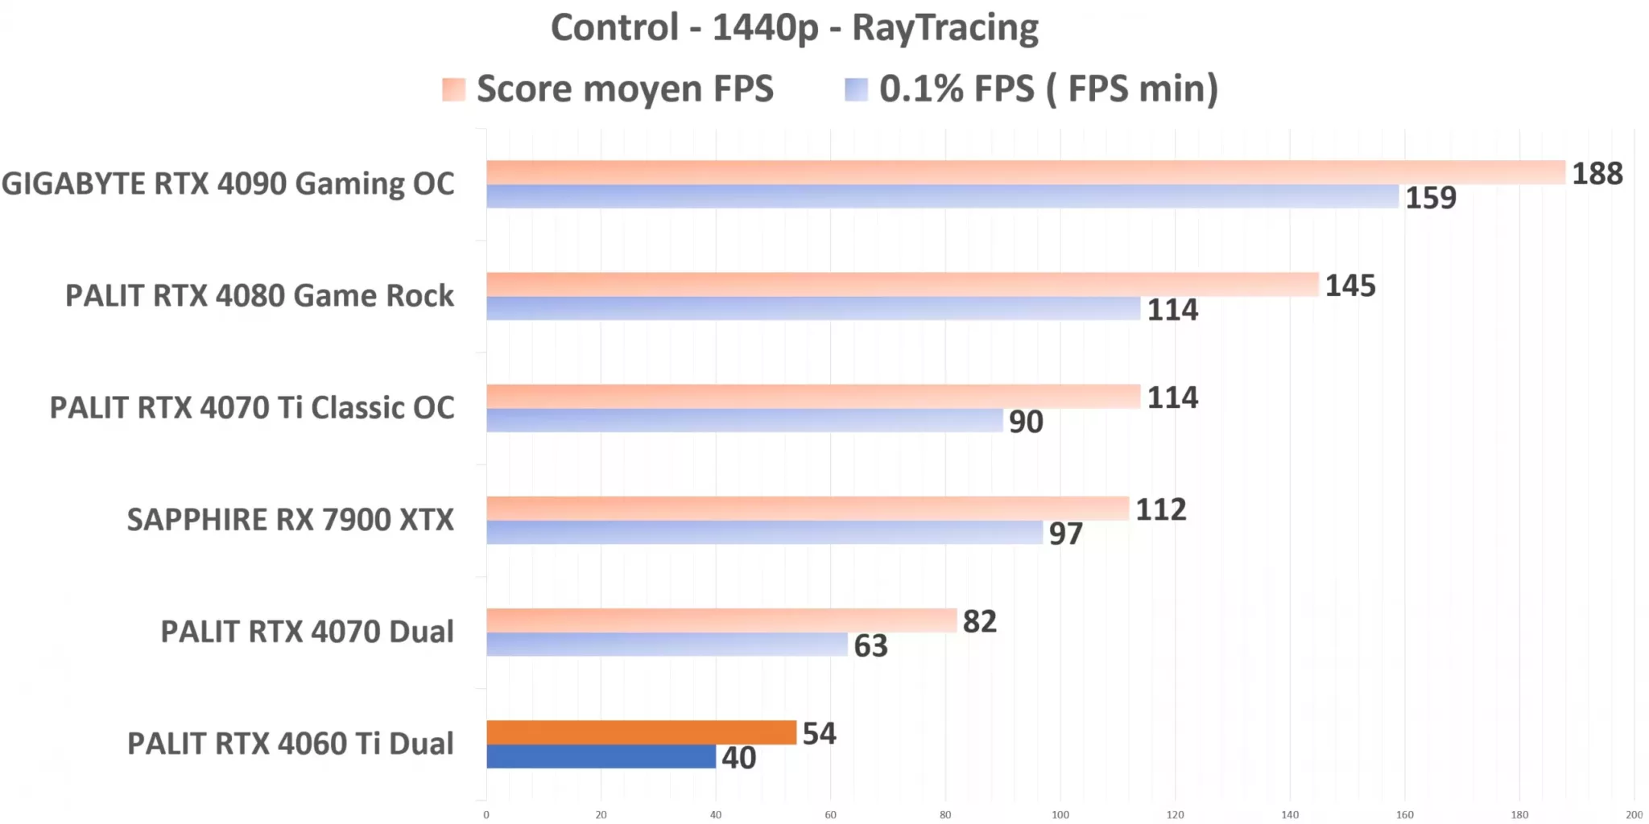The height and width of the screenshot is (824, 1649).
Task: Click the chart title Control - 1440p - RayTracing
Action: (794, 28)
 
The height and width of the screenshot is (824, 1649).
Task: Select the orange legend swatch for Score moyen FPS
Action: (453, 89)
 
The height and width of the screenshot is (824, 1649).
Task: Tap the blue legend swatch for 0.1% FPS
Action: (856, 89)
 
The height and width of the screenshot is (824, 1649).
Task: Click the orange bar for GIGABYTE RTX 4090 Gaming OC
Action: (1025, 172)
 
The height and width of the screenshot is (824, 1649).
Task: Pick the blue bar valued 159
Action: (942, 196)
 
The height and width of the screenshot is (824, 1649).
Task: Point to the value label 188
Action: (1597, 174)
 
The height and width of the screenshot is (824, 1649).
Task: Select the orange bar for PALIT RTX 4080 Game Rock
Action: (902, 284)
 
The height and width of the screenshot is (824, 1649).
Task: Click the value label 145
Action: (1349, 286)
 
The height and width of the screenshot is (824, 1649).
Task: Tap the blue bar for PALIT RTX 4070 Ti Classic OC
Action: (744, 420)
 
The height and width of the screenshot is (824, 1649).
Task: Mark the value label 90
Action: (1025, 422)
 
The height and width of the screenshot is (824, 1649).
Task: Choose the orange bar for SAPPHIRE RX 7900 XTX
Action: (807, 508)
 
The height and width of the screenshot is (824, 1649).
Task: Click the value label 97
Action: (1064, 534)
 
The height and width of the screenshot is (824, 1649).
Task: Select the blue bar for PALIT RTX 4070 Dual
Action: (667, 644)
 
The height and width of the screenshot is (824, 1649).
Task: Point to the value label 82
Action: (979, 621)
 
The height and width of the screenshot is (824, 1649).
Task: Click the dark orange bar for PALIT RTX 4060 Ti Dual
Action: (641, 732)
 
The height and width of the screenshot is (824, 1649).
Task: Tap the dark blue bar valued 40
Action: (601, 756)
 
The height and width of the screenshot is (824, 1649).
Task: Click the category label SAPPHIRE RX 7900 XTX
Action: (290, 520)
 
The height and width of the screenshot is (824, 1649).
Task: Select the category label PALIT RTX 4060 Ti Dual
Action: (290, 744)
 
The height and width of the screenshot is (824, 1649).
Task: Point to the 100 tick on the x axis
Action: (1060, 814)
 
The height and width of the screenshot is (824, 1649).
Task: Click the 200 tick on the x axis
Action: (1634, 814)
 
